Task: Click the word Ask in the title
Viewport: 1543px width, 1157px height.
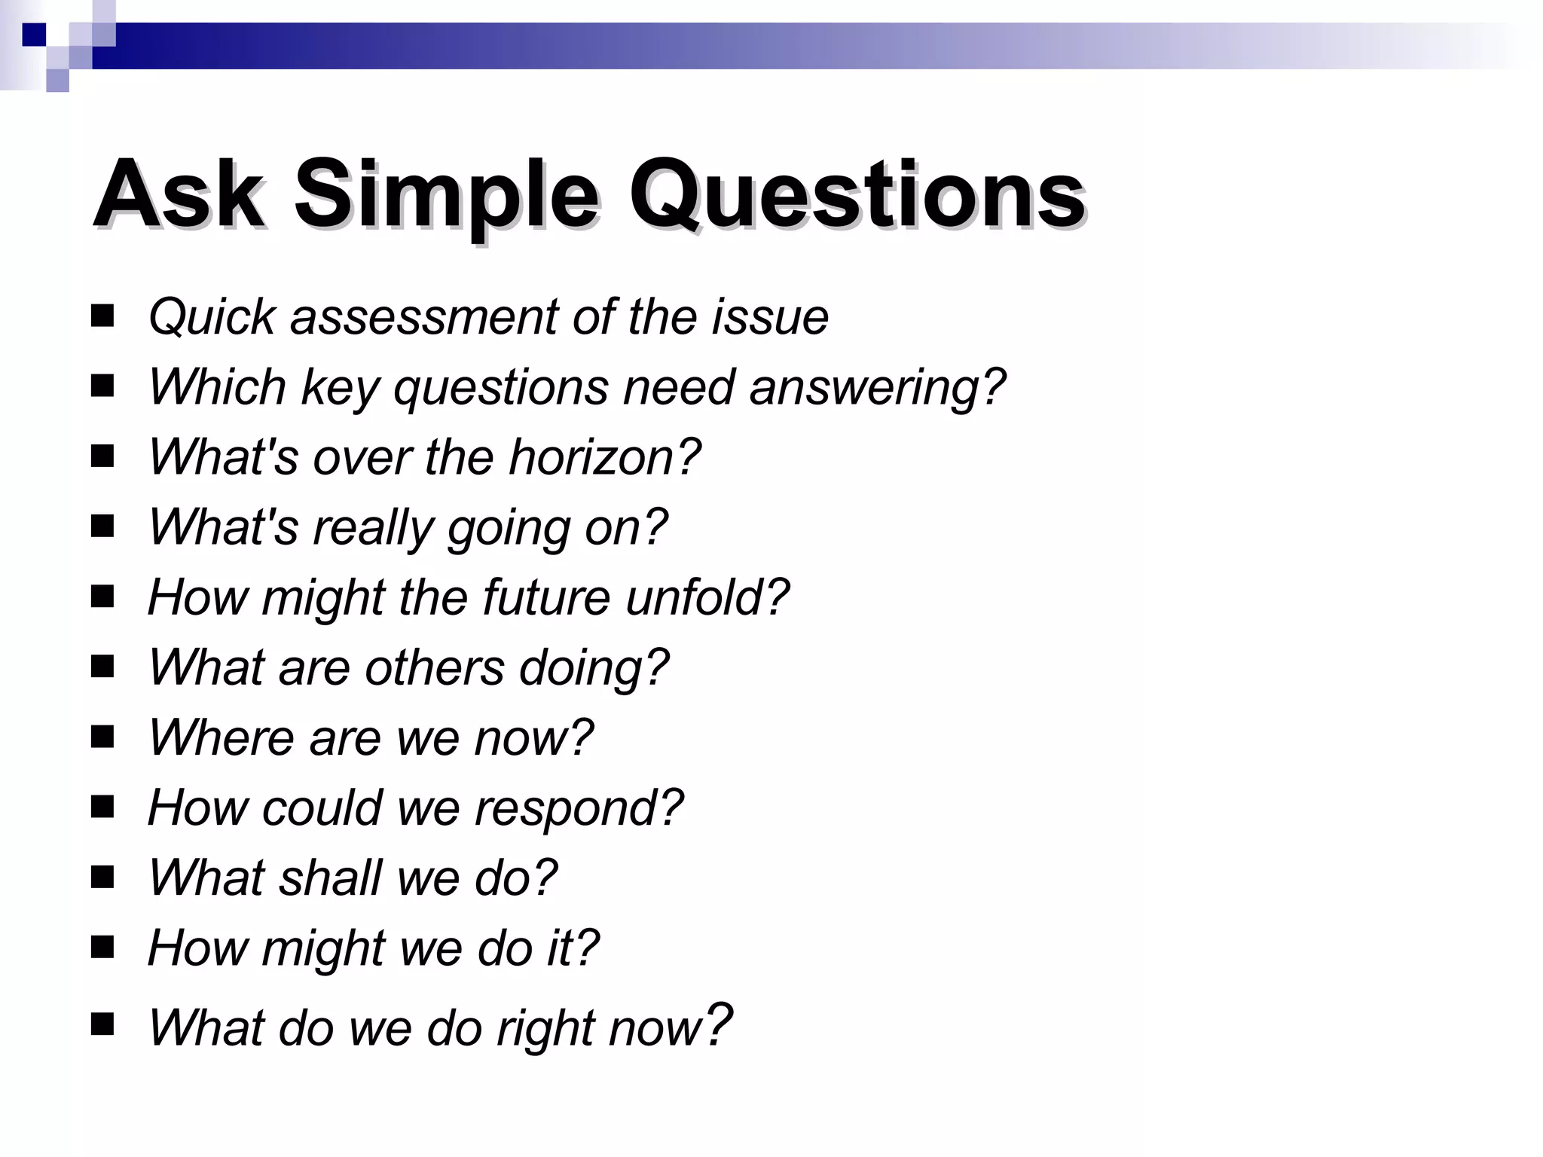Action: (178, 194)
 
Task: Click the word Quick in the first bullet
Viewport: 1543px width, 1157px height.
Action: (212, 317)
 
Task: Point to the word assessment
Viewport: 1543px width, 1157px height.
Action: (424, 317)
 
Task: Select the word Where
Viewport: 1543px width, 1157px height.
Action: (221, 737)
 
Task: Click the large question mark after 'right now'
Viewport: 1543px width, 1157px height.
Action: (717, 1024)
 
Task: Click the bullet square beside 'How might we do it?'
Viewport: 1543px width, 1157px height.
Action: (102, 946)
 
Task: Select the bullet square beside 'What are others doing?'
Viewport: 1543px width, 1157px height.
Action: (102, 666)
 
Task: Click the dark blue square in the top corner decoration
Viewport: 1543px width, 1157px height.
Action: (34, 35)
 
